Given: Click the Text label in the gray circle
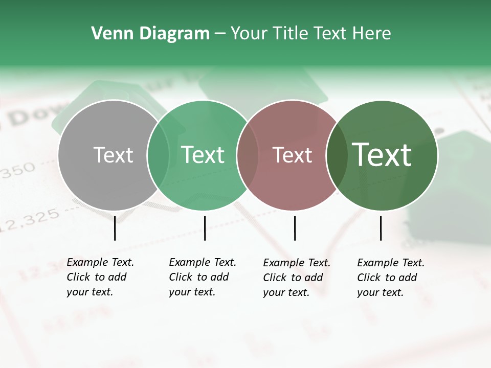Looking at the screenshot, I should coord(113,155).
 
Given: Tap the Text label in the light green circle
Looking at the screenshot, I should coord(203,155).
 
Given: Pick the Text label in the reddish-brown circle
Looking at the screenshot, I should coord(292,155).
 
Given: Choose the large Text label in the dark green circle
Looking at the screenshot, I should coord(382,155).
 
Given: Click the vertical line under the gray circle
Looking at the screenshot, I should coord(115,228).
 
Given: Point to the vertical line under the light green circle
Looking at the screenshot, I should coord(205,228).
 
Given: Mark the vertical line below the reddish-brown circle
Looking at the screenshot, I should coord(295,228).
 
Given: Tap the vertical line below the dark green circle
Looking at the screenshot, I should coord(381,228).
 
